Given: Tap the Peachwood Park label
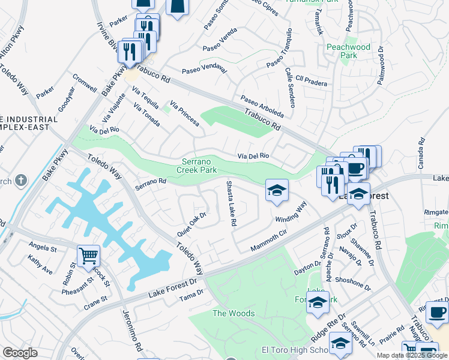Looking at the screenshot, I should [348, 51].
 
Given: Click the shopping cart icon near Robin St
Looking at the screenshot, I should [88, 256].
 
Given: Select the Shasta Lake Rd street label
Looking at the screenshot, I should [231, 203].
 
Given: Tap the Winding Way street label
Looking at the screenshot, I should [292, 212].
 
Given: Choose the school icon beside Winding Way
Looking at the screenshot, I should [277, 190].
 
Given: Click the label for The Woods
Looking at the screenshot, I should [234, 313].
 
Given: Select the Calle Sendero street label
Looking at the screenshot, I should [290, 88].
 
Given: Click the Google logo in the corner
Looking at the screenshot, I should [20, 353].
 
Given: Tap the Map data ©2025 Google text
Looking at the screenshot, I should [411, 355].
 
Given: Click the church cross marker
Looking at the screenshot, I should [21, 180].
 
